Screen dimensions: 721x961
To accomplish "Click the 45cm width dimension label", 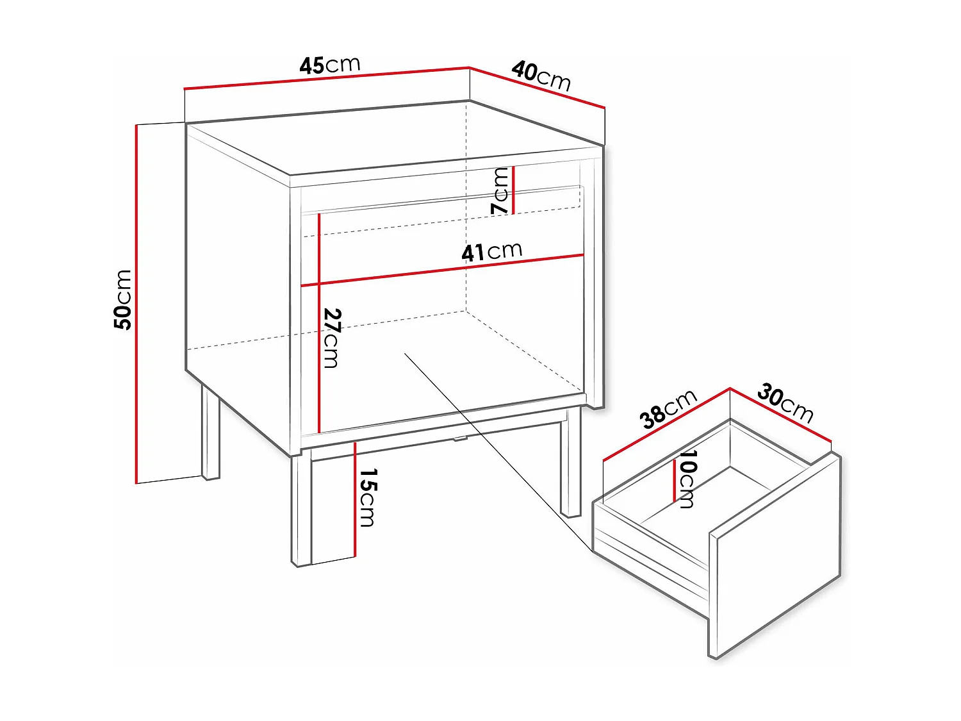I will (x=330, y=65).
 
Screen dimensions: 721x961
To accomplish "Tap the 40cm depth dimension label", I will (x=541, y=76).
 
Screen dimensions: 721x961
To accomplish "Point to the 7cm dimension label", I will (x=500, y=190).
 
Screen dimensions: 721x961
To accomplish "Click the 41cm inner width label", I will (x=492, y=251).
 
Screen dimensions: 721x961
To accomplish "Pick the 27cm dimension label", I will (x=332, y=338).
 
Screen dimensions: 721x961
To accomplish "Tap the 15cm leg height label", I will (x=368, y=497).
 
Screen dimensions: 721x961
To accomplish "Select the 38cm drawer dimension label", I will (x=668, y=409).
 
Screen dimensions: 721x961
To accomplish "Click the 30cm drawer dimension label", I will (x=785, y=403).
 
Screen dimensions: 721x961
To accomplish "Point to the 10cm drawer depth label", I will (x=687, y=478).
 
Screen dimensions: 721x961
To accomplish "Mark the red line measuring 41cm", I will (x=442, y=270).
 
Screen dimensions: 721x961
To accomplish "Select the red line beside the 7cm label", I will (x=513, y=190).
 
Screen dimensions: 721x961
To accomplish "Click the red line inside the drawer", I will (x=674, y=481).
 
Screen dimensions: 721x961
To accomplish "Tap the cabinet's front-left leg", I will (x=301, y=510).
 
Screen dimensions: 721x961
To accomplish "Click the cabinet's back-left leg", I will (x=210, y=433).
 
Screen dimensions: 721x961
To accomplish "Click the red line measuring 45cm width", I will (x=327, y=78).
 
